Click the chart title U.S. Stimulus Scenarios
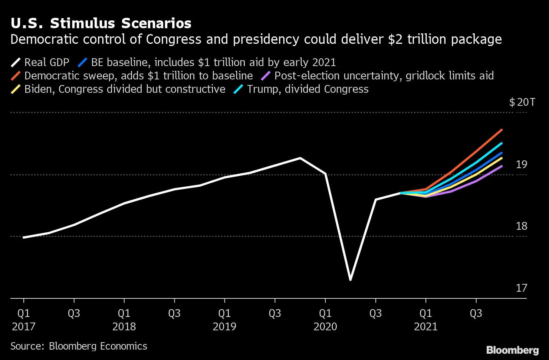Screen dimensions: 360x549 tap(101, 23)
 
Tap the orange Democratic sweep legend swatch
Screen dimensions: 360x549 tap(16, 76)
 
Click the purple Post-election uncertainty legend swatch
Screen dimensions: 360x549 tap(266, 76)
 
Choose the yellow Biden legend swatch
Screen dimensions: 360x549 tap(16, 89)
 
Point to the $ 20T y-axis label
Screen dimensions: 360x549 tap(522, 102)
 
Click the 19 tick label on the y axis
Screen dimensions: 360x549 tap(521, 164)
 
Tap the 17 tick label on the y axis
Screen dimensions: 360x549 tap(521, 288)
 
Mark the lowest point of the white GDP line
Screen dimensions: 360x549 tap(350, 279)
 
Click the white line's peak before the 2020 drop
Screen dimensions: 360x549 tap(300, 158)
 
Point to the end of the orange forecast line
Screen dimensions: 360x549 tap(502, 130)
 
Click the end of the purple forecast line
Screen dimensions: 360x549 tap(502, 166)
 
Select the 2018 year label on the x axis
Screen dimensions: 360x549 tap(124, 327)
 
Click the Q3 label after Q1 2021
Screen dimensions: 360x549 tap(476, 314)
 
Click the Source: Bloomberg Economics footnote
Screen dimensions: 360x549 tap(79, 346)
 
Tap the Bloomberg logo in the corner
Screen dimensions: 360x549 tap(512, 350)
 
